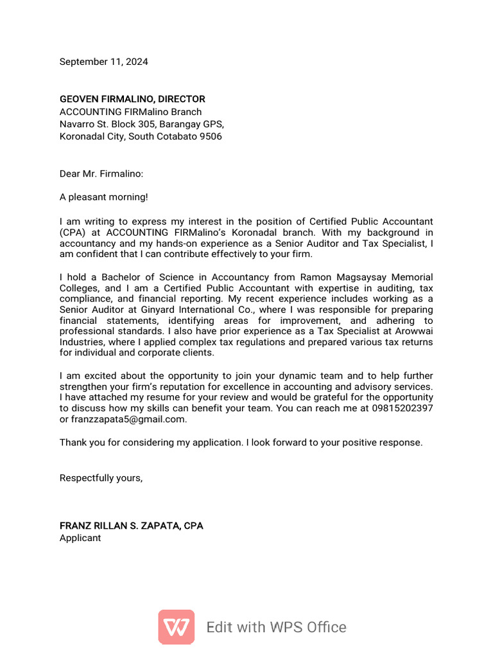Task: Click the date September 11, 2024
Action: (x=103, y=62)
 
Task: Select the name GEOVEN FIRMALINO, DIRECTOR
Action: (x=132, y=99)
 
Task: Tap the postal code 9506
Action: (x=210, y=136)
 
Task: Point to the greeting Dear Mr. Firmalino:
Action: (x=101, y=173)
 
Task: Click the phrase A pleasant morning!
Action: (x=103, y=197)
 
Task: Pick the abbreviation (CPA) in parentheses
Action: (x=73, y=233)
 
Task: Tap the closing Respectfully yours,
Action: (x=101, y=477)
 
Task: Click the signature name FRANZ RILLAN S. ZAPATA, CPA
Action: (x=131, y=526)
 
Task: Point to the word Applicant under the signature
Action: (x=80, y=538)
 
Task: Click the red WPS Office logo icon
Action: (x=177, y=627)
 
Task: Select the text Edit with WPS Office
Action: (x=276, y=627)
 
